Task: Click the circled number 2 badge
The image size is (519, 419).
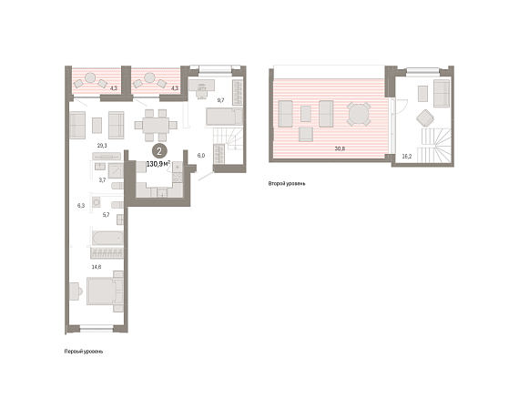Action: coord(159,151)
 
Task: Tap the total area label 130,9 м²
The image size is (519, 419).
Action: coord(158,164)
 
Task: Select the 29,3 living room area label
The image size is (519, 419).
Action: coord(102,146)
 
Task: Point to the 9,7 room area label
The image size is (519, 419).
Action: coord(220,99)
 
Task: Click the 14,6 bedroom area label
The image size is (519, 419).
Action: coord(97,267)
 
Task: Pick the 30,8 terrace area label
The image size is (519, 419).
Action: coord(340,148)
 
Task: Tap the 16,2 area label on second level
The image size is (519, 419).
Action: coord(407,157)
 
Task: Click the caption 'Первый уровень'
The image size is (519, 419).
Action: coord(84,352)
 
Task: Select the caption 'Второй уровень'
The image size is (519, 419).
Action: coord(287,183)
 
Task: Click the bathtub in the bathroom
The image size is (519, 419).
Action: coord(107,238)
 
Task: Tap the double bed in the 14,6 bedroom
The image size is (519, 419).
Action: coord(105,291)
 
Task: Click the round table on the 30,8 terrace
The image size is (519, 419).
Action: coord(359,114)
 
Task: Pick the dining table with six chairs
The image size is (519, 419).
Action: coord(156,125)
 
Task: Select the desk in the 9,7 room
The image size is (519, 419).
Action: coord(201,86)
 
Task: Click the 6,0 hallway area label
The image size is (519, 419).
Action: coord(201,156)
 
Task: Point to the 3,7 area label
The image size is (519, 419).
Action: coord(102,180)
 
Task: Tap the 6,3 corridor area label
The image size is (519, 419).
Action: coord(81,206)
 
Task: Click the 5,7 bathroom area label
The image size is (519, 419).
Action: coord(106,215)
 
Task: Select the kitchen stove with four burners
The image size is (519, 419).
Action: coord(178,178)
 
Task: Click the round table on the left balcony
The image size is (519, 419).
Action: coord(90,77)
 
